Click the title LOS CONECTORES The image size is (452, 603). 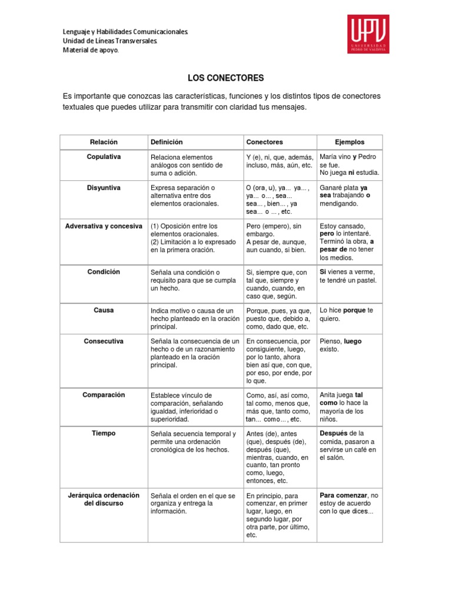pyautogui.click(x=225, y=78)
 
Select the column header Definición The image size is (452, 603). pyautogui.click(x=167, y=142)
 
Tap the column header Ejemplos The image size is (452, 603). pyautogui.click(x=350, y=142)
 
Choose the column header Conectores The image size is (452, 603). pyautogui.click(x=264, y=142)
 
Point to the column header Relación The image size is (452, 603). pyautogui.click(x=104, y=142)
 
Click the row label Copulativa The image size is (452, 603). pyautogui.click(x=104, y=157)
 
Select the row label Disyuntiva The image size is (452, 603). pyautogui.click(x=104, y=187)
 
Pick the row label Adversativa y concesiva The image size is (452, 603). pyautogui.click(x=104, y=226)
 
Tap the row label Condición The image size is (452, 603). pyautogui.click(x=104, y=271)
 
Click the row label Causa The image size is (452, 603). pyautogui.click(x=104, y=310)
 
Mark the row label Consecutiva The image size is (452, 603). pyautogui.click(x=104, y=340)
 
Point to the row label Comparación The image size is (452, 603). pyautogui.click(x=104, y=395)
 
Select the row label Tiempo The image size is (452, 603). pyautogui.click(x=104, y=433)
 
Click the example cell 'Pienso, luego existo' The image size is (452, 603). pyautogui.click(x=341, y=345)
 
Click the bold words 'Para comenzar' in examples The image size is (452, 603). pyautogui.click(x=343, y=495)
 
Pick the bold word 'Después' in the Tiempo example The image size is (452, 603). pyautogui.click(x=333, y=433)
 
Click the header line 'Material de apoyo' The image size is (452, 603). pyautogui.click(x=91, y=51)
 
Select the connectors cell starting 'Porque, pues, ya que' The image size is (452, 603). pyautogui.click(x=278, y=319)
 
